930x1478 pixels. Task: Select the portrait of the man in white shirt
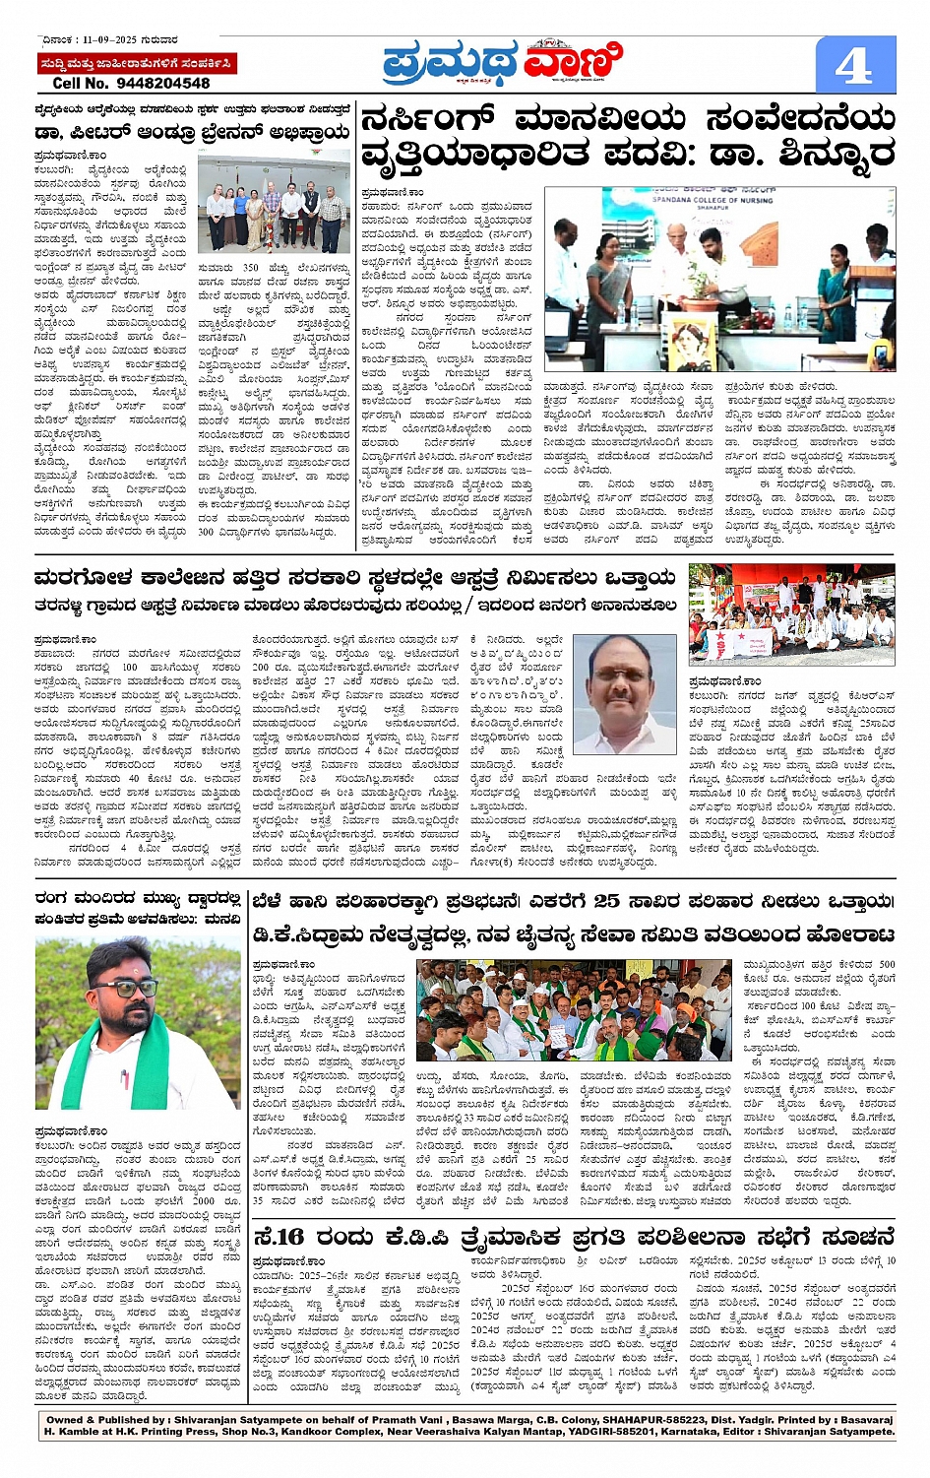click(625, 694)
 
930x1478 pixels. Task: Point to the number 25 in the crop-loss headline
click(606, 901)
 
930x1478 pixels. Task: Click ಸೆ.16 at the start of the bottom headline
click(279, 1237)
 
